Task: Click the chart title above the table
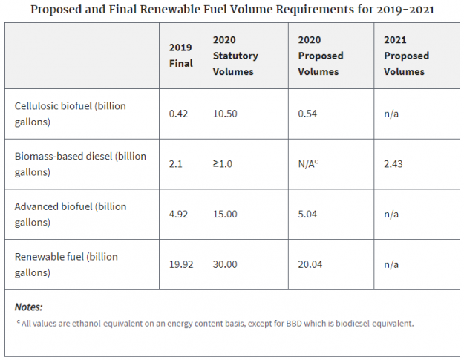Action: (x=232, y=10)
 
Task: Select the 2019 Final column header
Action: (x=181, y=55)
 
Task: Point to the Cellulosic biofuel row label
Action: (x=71, y=114)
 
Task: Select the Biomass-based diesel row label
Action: (x=80, y=164)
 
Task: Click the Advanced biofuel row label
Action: (x=71, y=214)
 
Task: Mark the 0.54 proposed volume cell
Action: (x=307, y=114)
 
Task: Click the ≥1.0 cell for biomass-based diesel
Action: (x=223, y=164)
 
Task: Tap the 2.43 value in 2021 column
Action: (x=393, y=164)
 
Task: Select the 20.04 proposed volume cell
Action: (x=310, y=264)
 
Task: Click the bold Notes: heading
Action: (x=29, y=307)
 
